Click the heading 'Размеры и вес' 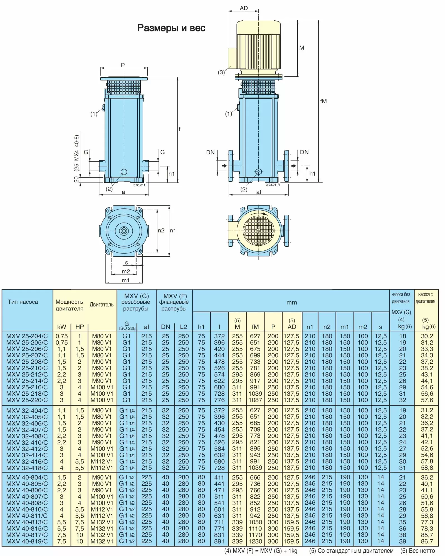click(171, 28)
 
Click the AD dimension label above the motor click(244, 8)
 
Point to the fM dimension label click(323, 101)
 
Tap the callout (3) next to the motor click(221, 73)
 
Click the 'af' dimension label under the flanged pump click(259, 192)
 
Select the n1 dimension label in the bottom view click(173, 230)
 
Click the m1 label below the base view click(126, 280)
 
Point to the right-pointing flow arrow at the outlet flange click(294, 166)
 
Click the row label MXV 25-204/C click(27, 336)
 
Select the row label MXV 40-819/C click(27, 541)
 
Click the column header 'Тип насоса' click(23, 302)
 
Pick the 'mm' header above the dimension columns click(292, 303)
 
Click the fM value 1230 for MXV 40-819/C click(255, 541)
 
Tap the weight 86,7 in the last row click(427, 541)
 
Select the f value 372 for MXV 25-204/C click(219, 336)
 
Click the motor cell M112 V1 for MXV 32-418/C click(102, 468)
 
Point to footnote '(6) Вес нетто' click(417, 551)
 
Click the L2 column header click(184, 327)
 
